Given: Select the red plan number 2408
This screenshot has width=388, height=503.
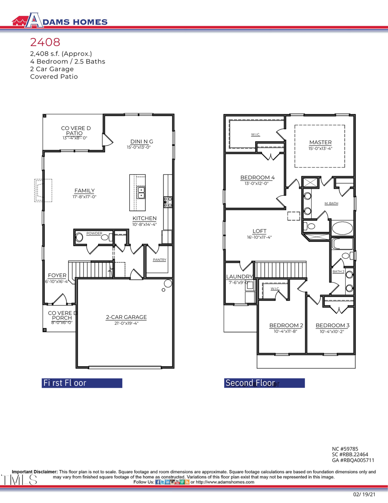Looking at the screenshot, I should coord(45,42).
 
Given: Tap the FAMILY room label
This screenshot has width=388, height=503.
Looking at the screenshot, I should coord(84,190).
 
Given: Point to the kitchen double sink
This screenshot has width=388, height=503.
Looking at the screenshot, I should coord(141,193).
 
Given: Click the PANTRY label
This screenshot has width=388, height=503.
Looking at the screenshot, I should coord(159,260).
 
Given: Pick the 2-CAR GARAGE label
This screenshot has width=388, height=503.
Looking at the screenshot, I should coord(126,317).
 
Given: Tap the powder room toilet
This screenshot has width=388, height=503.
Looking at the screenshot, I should coord(79,237).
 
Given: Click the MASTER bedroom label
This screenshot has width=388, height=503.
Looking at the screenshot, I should coord(320,142).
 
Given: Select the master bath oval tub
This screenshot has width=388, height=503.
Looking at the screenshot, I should coord(342,228).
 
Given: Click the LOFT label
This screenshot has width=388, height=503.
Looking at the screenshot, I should coord(259,231).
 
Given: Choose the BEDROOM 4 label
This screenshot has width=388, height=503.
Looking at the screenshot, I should coord(257,177).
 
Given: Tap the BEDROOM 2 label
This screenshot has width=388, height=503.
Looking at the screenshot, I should coord(286,325).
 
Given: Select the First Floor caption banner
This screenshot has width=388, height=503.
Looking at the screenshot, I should coord(82,383).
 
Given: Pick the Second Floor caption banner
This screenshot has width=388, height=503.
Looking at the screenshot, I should coord(264,383).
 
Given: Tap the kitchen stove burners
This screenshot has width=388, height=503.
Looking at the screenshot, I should coord(168,202).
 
